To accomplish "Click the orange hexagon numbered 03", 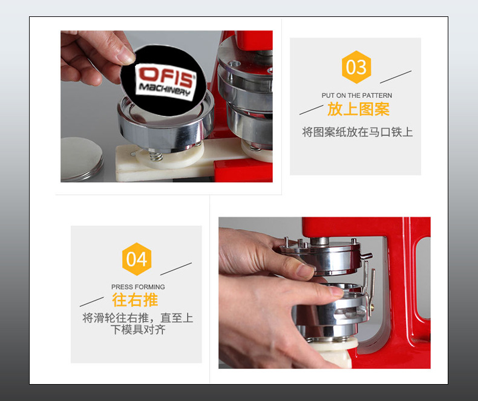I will point(356,67).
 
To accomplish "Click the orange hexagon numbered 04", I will point(137,259).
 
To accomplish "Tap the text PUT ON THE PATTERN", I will point(356,96).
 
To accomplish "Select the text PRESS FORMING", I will point(138,287).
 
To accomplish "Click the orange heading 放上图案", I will point(358,109).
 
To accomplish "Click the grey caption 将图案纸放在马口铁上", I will point(357,131).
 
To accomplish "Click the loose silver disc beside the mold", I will point(82,158).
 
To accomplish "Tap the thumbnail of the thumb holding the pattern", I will point(125,56).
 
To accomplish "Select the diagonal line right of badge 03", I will point(395,77).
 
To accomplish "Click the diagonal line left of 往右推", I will point(91,301).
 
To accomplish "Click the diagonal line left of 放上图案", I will point(311,109).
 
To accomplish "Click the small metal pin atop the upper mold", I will point(284,241).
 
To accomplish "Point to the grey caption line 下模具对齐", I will point(138,330).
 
